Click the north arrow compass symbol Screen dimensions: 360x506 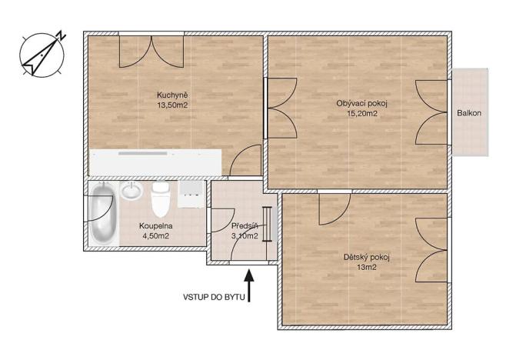(40, 54)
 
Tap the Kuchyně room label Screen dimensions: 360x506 (172, 95)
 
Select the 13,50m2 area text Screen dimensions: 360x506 (172, 105)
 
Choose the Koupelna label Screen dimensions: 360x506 (155, 226)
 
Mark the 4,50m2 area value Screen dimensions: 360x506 (155, 236)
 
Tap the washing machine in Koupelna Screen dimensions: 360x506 (191, 195)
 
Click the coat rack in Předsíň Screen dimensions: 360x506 (267, 224)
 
